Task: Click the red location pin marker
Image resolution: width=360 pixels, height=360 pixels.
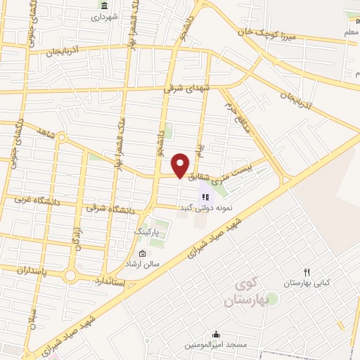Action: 181,165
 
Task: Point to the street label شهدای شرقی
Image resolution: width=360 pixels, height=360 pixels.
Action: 187,87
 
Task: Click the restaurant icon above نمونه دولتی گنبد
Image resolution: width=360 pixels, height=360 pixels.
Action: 206,198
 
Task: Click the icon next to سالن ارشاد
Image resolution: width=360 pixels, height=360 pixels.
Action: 143,254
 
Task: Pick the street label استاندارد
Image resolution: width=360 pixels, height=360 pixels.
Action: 109,281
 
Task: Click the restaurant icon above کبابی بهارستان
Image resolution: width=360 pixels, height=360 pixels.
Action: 307,272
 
